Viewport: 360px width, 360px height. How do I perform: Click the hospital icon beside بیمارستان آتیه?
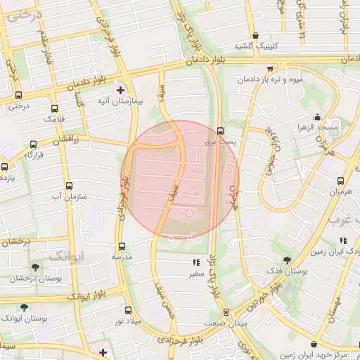point(120,90)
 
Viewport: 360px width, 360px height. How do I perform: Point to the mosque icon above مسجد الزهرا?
point(318,117)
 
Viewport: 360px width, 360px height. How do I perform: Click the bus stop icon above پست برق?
point(221,131)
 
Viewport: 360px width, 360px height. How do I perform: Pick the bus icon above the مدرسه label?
point(122,246)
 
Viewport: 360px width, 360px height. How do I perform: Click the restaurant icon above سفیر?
point(195,263)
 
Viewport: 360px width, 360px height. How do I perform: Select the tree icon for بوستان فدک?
point(285,259)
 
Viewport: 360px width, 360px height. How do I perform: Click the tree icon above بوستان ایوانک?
point(25,307)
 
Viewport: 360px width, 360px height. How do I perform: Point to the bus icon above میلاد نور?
point(127,309)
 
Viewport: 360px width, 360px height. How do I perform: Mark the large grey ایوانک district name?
point(66,255)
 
